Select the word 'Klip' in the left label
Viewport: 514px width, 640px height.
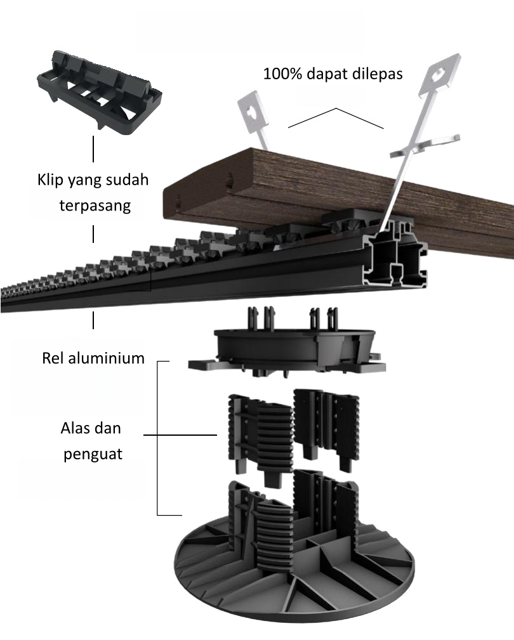coord(50,180)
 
